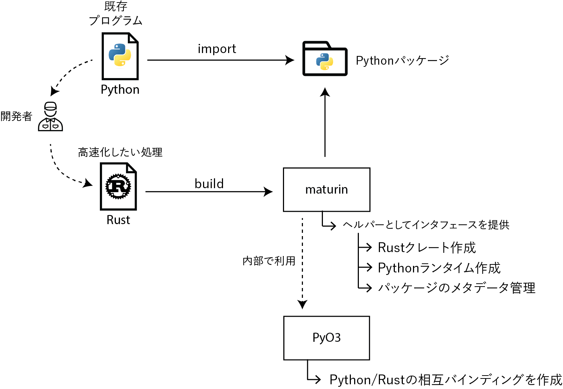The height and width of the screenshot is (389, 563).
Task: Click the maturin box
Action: pyautogui.click(x=327, y=190)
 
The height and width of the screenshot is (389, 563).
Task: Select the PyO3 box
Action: pyautogui.click(x=327, y=338)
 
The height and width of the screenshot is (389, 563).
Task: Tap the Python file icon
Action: pyautogui.click(x=120, y=56)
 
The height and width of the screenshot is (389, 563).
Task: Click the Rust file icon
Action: pyautogui.click(x=118, y=186)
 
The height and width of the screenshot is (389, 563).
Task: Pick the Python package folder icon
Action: pyautogui.click(x=325, y=59)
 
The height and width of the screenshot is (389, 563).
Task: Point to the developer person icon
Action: pyautogui.click(x=50, y=117)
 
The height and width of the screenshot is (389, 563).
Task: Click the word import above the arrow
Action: pyautogui.click(x=217, y=49)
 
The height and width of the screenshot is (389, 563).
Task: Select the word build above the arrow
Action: pyautogui.click(x=209, y=184)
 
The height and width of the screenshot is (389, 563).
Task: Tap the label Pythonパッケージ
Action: pyautogui.click(x=402, y=61)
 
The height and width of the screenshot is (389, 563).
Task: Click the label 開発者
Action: pyautogui.click(x=16, y=117)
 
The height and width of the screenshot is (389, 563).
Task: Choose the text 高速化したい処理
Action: pyautogui.click(x=120, y=152)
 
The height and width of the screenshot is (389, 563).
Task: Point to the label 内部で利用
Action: pyautogui.click(x=269, y=261)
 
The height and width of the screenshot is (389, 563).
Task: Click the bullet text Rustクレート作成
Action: pyautogui.click(x=427, y=248)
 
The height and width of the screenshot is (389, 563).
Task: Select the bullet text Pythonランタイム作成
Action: pyautogui.click(x=439, y=268)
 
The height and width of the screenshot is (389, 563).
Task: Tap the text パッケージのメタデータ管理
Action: pyautogui.click(x=457, y=288)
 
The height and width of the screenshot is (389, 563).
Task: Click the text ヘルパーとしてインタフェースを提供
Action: pyautogui.click(x=426, y=225)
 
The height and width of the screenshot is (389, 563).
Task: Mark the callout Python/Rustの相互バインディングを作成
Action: pyautogui.click(x=446, y=380)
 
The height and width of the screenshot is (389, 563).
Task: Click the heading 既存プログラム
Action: pyautogui.click(x=116, y=14)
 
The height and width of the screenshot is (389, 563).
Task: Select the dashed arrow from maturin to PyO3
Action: pyautogui.click(x=302, y=262)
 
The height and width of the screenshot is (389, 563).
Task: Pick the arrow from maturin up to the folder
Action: pyautogui.click(x=325, y=123)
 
